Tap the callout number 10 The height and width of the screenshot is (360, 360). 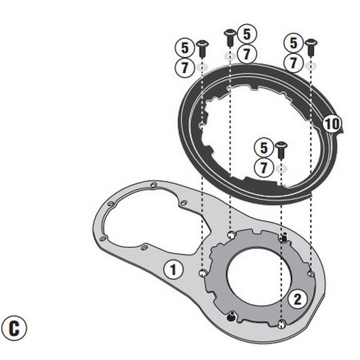coord(331,124)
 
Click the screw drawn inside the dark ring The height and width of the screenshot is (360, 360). coord(280,149)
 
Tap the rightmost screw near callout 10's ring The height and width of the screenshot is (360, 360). coord(310,46)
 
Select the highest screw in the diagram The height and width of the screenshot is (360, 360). coord(229,36)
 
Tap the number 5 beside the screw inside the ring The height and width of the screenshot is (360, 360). coord(262,147)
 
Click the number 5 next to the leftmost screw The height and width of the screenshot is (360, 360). coord(184,47)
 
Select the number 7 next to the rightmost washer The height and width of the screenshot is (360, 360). coord(293,62)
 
